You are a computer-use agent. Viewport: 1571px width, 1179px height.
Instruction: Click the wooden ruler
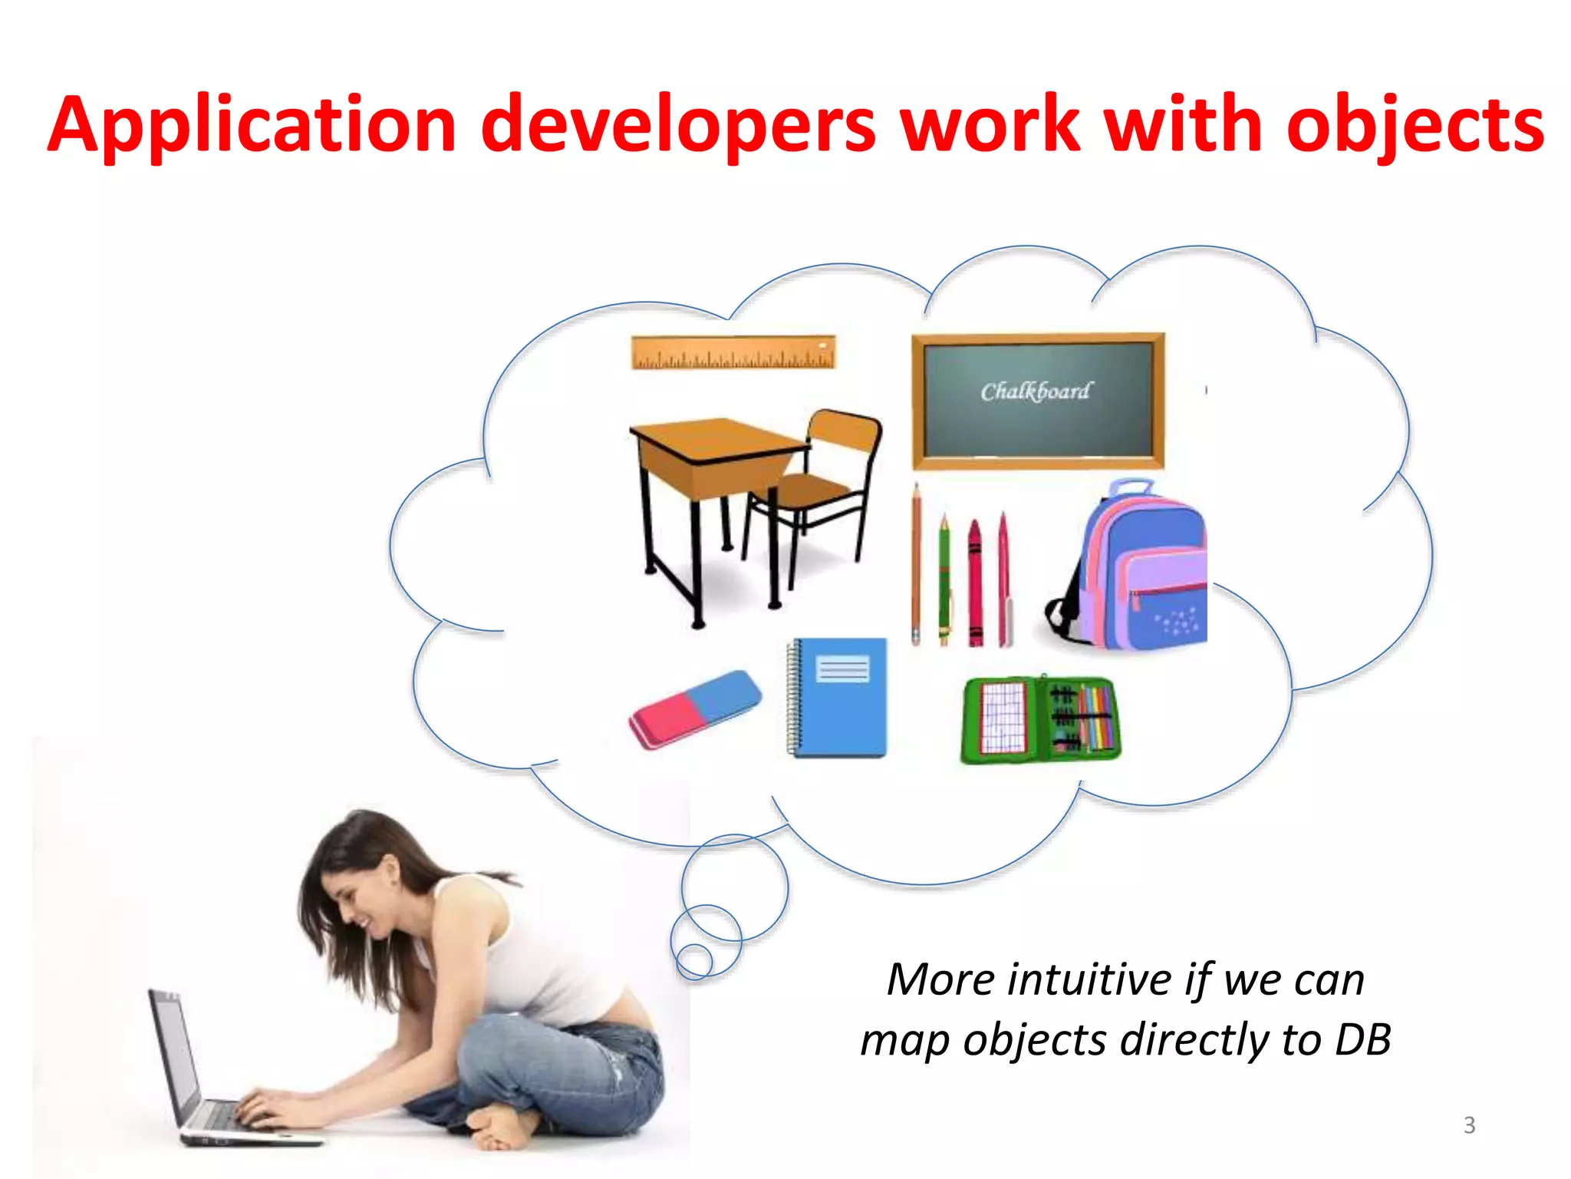pyautogui.click(x=733, y=352)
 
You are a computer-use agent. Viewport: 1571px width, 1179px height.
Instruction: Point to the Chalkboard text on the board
pyautogui.click(x=1036, y=391)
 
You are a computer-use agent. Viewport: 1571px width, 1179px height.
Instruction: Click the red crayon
pyautogui.click(x=975, y=583)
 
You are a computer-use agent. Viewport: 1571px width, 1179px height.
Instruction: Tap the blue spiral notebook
pyautogui.click(x=840, y=698)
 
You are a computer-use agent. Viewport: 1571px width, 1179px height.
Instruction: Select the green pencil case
pyautogui.click(x=1039, y=719)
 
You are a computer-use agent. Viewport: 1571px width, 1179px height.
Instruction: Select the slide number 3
pyautogui.click(x=1469, y=1125)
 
